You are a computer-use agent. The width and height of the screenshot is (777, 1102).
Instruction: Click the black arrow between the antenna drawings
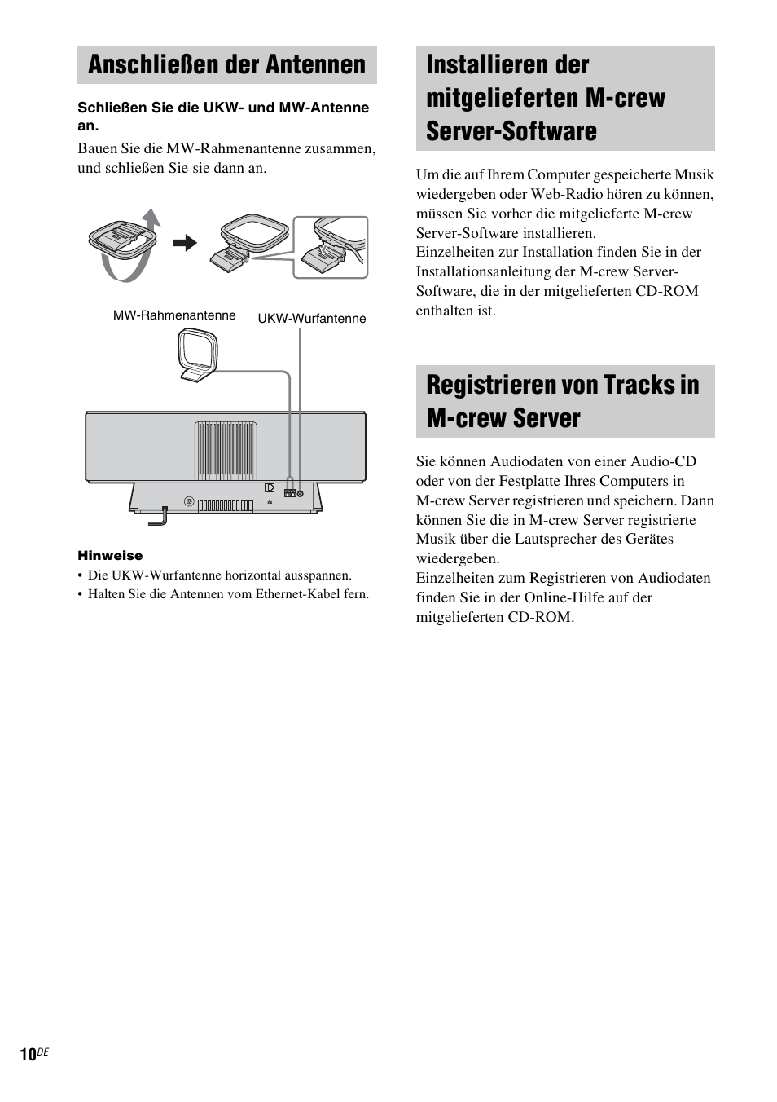185,243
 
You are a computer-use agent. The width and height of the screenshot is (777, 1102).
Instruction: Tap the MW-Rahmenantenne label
174,315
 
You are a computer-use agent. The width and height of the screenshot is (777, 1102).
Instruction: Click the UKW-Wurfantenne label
312,319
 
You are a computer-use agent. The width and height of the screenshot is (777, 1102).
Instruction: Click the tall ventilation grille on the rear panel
226,451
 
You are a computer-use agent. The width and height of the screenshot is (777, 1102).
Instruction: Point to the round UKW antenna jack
301,493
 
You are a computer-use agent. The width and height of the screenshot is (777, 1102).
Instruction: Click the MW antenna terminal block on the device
289,493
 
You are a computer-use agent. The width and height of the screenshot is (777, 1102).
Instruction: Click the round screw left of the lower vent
189,502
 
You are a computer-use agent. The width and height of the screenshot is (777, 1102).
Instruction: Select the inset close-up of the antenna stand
331,247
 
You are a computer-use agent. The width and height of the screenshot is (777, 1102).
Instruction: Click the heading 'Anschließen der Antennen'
226,64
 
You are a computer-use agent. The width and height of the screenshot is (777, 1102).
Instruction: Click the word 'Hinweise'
110,556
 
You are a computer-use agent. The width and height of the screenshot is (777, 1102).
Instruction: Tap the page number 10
28,1055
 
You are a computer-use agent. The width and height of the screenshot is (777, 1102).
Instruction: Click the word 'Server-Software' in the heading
511,131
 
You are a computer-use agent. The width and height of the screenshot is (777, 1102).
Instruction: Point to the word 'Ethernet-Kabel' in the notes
298,594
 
